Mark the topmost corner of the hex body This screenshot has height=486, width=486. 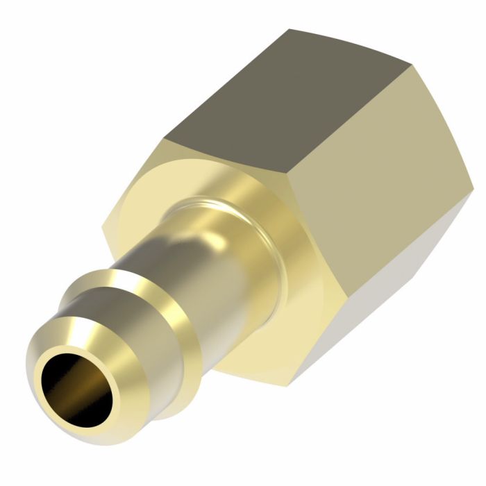(x=290, y=29)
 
